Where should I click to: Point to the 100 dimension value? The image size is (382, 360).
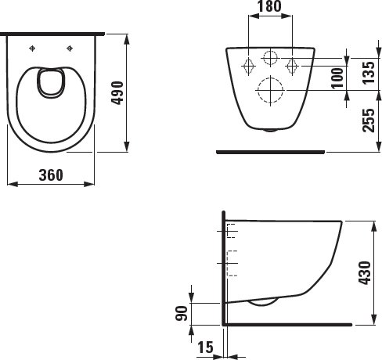pyautogui.click(x=337, y=77)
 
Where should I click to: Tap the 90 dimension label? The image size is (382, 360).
pyautogui.click(x=181, y=313)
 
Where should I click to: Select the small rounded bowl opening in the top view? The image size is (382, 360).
pyautogui.click(x=52, y=85)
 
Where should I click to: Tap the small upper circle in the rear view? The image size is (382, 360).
pyautogui.click(x=270, y=58)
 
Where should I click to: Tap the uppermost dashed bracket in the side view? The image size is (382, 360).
pyautogui.click(x=230, y=230)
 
